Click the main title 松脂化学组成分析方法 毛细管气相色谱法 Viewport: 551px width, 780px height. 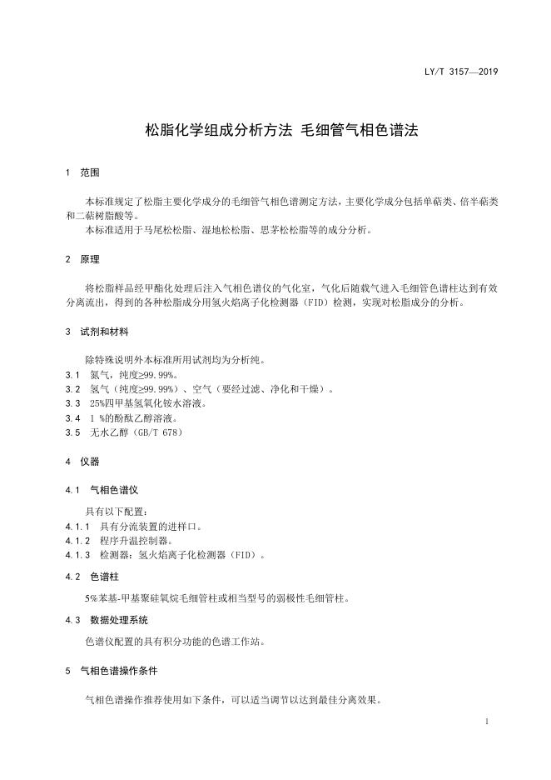tap(281, 130)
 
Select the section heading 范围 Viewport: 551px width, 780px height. tap(89, 172)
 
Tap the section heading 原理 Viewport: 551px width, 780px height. tap(89, 259)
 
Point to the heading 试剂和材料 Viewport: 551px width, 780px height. tap(104, 331)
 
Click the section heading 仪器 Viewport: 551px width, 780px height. tap(89, 461)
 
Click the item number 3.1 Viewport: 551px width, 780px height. tap(72, 375)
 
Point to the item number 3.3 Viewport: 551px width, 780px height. tap(72, 403)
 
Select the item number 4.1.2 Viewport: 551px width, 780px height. tap(77, 540)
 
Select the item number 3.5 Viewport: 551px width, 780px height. tap(72, 432)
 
